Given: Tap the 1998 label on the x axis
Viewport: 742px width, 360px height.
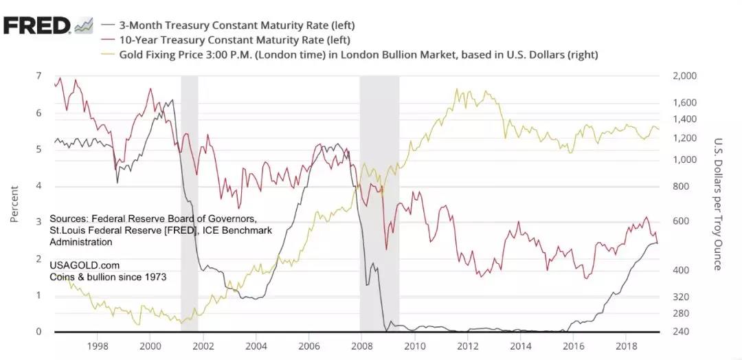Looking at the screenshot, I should pos(98,346).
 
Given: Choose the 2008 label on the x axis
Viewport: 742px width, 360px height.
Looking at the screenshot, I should pos(362,346).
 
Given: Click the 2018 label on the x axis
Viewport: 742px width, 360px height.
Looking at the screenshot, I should pos(627,346).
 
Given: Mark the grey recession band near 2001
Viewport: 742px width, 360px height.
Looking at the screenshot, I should pos(190,206).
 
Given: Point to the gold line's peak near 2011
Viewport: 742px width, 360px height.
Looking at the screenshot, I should pos(456,89).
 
